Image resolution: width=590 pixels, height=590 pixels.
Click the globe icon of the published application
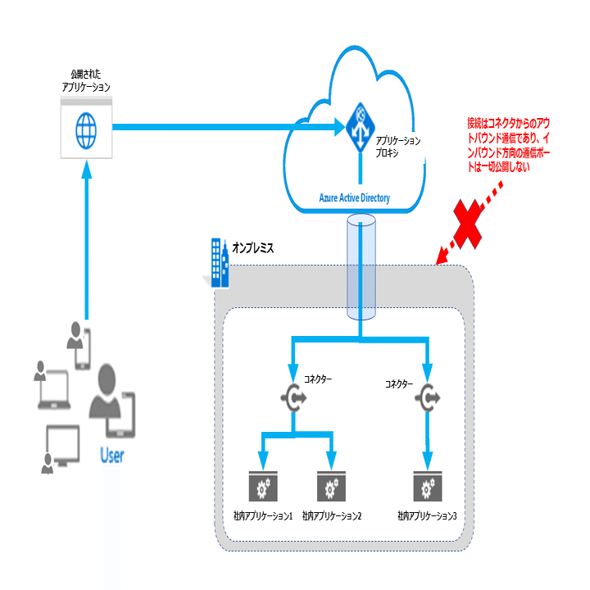[x=85, y=128]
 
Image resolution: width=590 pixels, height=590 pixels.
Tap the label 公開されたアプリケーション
[x=85, y=79]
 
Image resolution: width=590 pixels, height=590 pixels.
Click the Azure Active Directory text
[x=355, y=197]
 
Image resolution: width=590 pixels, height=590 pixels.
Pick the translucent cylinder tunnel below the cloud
[x=360, y=266]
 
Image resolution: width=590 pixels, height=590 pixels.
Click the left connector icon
[x=293, y=397]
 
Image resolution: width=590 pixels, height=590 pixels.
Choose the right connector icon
[x=427, y=397]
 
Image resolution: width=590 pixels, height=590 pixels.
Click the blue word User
[x=111, y=455]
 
